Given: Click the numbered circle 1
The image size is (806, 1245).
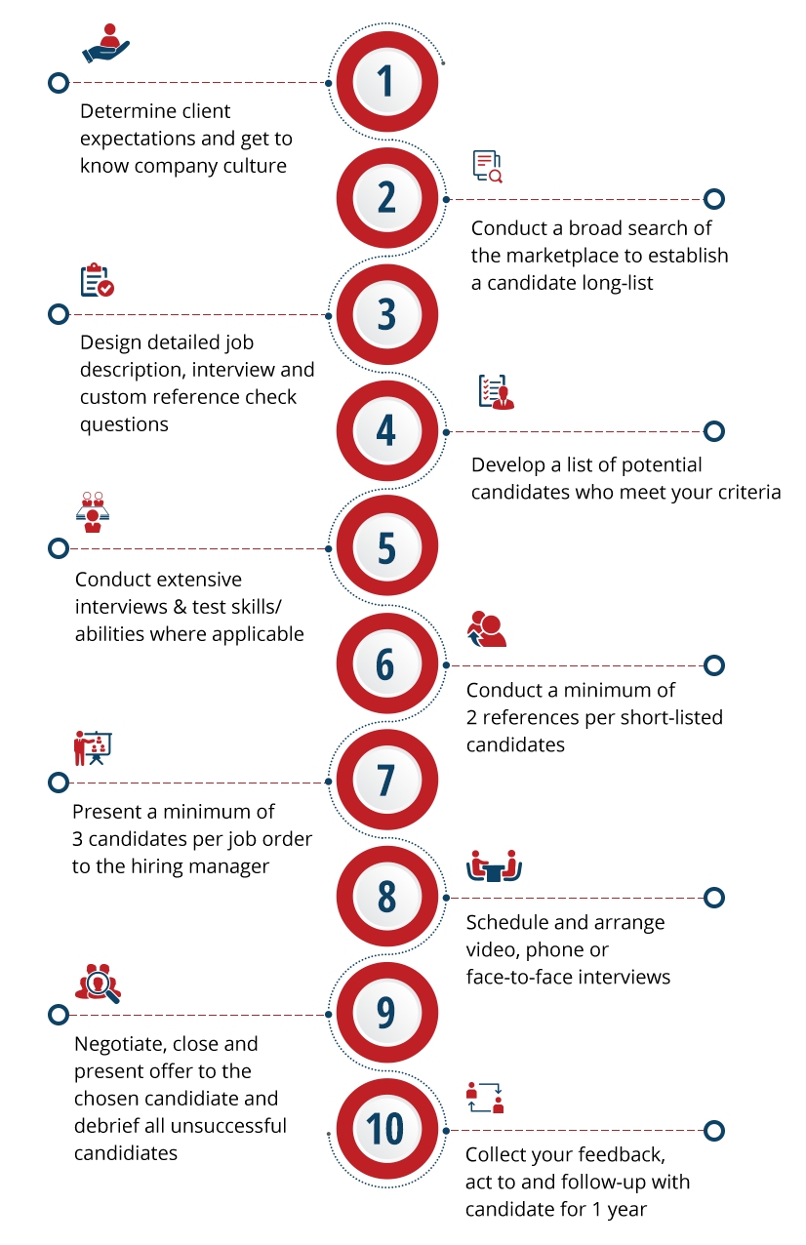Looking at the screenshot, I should (386, 82).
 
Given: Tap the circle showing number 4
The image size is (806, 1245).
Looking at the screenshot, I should (386, 431).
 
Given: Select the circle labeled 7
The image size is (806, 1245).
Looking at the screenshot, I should (386, 781).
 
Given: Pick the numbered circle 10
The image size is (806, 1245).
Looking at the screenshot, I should (386, 1130).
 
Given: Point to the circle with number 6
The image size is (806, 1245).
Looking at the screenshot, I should (386, 664).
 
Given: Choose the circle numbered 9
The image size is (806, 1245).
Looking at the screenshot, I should (386, 1014).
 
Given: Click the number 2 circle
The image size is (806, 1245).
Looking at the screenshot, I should (386, 198).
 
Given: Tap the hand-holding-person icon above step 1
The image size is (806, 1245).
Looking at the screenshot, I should (104, 44).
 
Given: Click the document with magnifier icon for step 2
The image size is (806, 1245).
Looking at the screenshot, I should (487, 167).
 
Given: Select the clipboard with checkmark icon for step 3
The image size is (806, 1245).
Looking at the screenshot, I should (98, 279).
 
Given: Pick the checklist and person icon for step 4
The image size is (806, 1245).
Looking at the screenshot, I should (496, 391).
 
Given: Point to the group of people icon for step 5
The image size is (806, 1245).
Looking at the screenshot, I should (93, 511).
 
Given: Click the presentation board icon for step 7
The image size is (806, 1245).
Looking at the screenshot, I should (93, 747).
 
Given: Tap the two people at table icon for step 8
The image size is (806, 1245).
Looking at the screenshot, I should (494, 865).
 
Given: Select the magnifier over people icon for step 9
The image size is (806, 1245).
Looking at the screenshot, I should (97, 983).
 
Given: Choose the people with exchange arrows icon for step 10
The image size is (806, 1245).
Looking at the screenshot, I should (484, 1098).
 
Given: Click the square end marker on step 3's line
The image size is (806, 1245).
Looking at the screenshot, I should (59, 314).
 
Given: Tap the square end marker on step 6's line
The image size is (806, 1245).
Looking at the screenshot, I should (714, 665).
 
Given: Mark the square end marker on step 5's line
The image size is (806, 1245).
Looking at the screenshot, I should (59, 548).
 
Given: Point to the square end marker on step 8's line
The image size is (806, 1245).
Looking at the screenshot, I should (714, 898).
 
